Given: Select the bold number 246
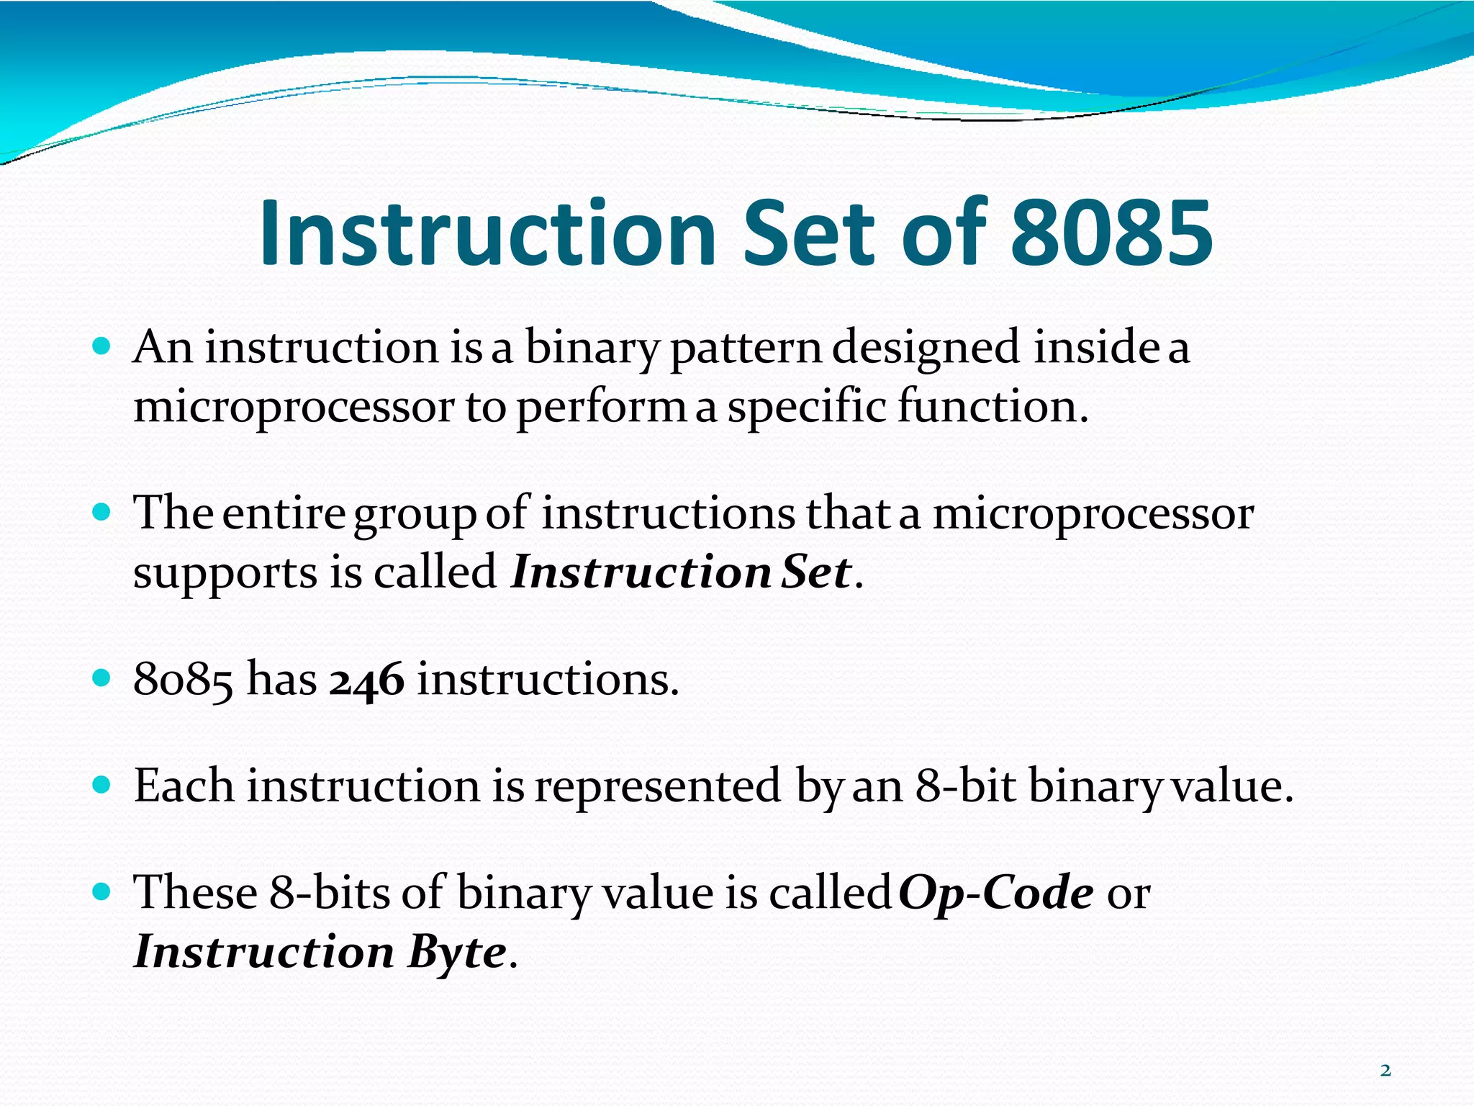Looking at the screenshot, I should tap(366, 680).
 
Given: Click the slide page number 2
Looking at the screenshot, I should tap(1385, 1071).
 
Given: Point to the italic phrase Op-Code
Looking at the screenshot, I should tap(996, 893).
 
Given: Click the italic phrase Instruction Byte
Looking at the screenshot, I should tap(320, 952).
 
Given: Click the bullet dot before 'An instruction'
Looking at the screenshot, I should tap(101, 347).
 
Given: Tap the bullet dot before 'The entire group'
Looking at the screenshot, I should tap(101, 513).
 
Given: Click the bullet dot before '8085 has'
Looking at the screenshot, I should tap(101, 678).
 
